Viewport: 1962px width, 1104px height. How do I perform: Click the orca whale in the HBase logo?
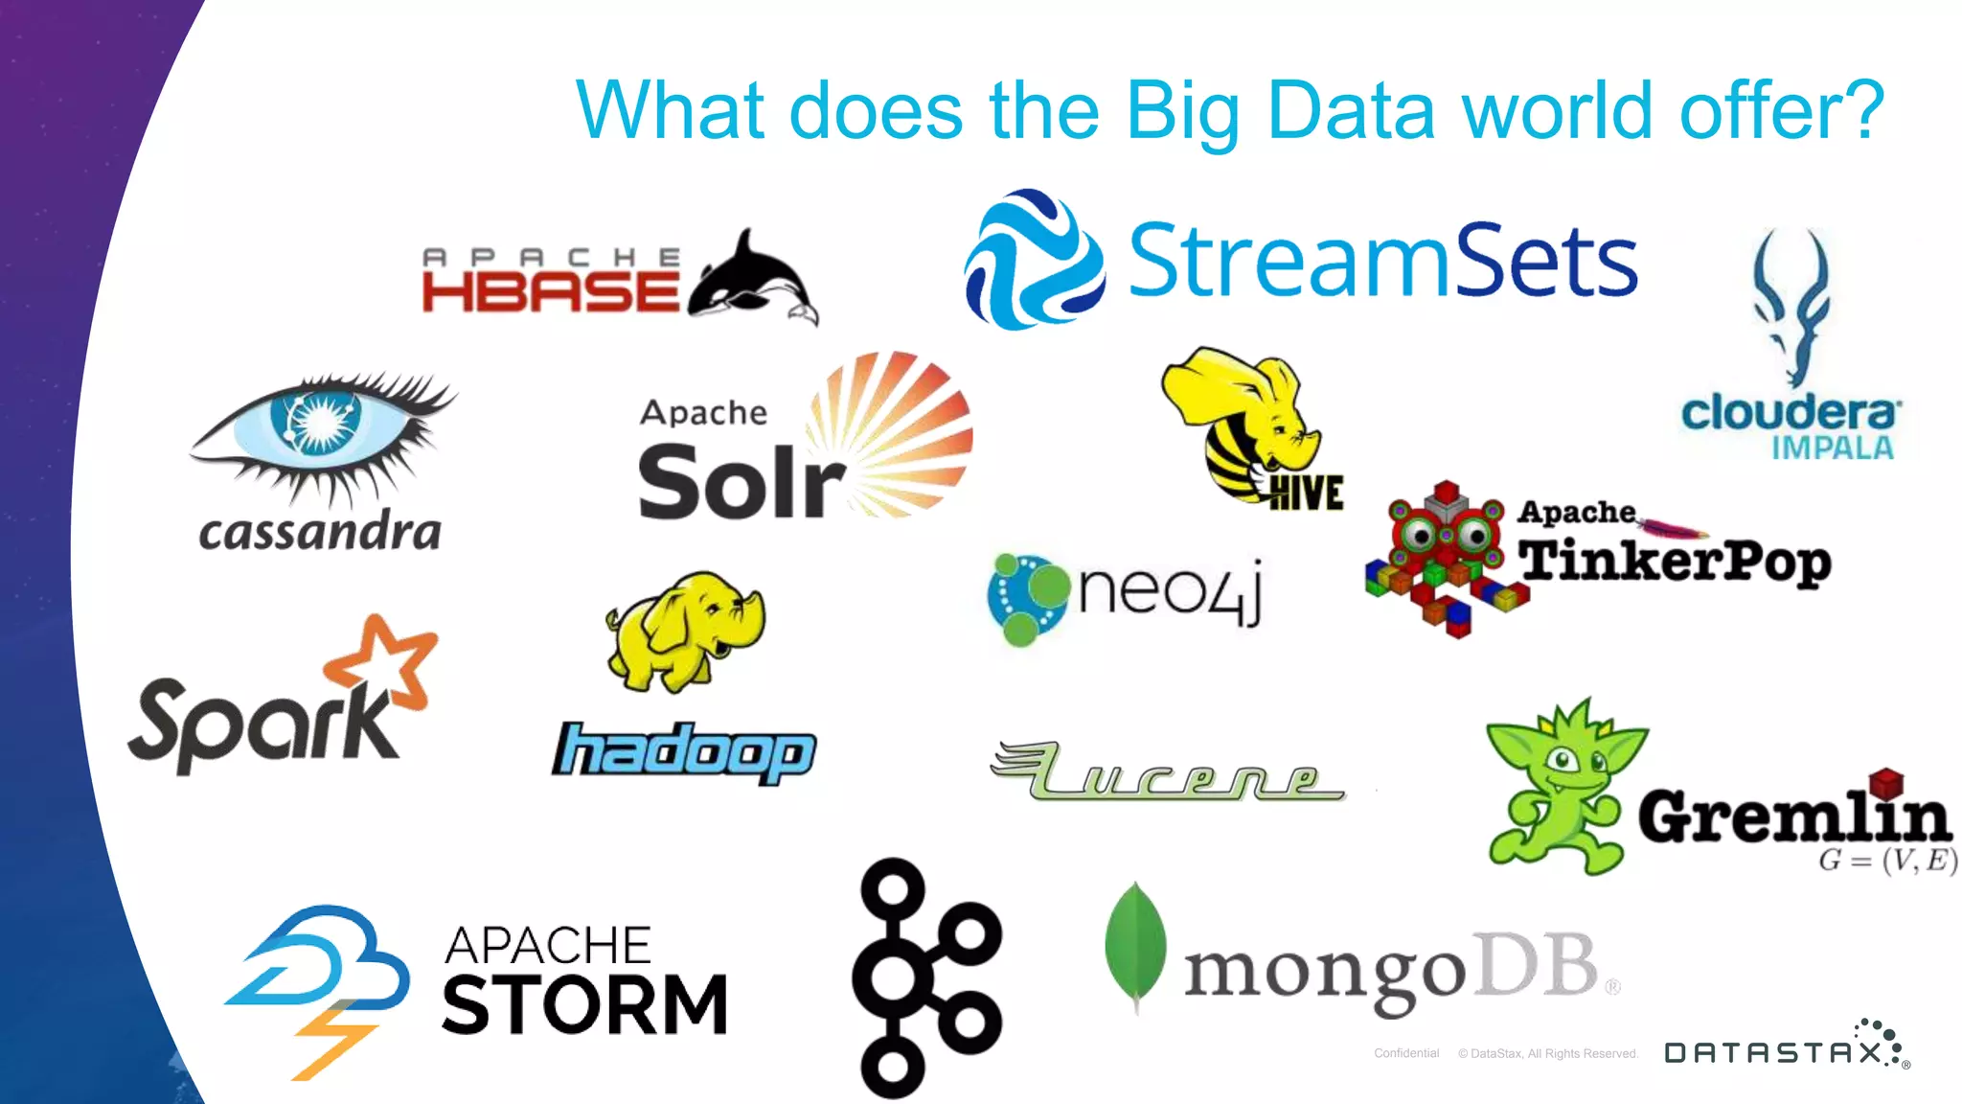(752, 278)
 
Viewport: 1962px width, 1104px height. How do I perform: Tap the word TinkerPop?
(1674, 562)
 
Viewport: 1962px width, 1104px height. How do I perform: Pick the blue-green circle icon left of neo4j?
(1026, 597)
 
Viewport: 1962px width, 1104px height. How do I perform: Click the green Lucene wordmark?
(1169, 772)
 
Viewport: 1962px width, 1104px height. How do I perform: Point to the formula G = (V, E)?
(1886, 861)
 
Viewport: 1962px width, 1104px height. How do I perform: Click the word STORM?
(584, 1005)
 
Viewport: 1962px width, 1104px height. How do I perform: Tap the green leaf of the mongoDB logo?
(1135, 944)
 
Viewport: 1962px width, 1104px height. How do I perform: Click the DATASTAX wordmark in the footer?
(1772, 1053)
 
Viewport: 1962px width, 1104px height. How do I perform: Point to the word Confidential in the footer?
(1406, 1053)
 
